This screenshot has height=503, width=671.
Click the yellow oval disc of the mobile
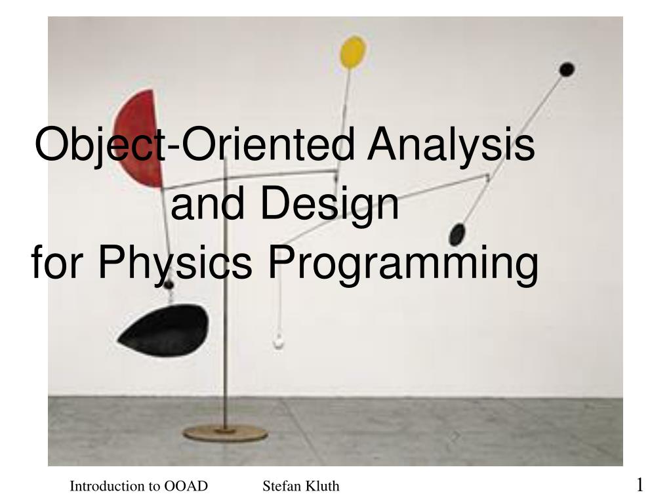pos(353,52)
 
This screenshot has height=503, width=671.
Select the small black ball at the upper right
pos(567,70)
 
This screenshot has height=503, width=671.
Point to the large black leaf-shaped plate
pos(165,331)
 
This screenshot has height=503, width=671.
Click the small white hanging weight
pos(279,340)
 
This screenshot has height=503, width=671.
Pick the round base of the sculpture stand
pos(226,433)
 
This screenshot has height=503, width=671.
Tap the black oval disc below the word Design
pos(457,234)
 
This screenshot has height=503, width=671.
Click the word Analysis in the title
pos(451,144)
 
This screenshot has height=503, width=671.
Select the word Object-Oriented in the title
pos(195,144)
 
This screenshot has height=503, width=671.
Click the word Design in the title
pos(329,204)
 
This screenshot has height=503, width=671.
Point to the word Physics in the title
pos(175,262)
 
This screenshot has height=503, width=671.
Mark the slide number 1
pos(640,485)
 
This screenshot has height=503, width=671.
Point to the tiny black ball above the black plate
pos(169,285)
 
